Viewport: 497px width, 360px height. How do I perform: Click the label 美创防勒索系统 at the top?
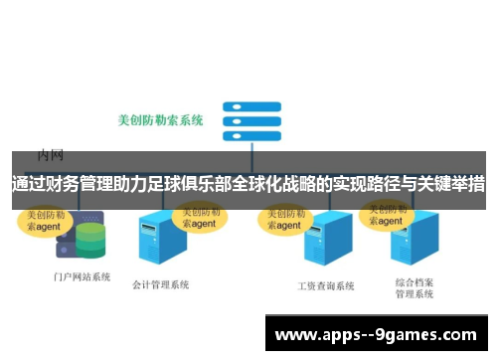[160, 120]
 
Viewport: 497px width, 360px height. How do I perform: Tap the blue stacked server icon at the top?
[243, 120]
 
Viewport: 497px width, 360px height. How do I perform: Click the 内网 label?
[51, 154]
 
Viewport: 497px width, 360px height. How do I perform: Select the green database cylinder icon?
[90, 240]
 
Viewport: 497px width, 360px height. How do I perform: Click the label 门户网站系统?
[82, 276]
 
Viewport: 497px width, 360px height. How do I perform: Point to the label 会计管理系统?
[160, 284]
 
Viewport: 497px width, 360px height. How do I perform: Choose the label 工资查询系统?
[326, 285]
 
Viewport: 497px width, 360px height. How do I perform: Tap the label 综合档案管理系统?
[414, 288]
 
